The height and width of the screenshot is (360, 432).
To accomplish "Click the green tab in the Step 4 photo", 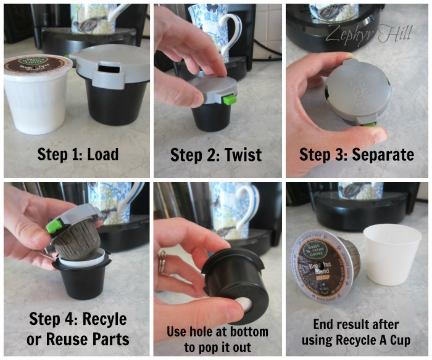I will (x=53, y=227).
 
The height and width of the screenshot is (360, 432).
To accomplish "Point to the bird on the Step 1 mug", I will (x=92, y=25).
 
